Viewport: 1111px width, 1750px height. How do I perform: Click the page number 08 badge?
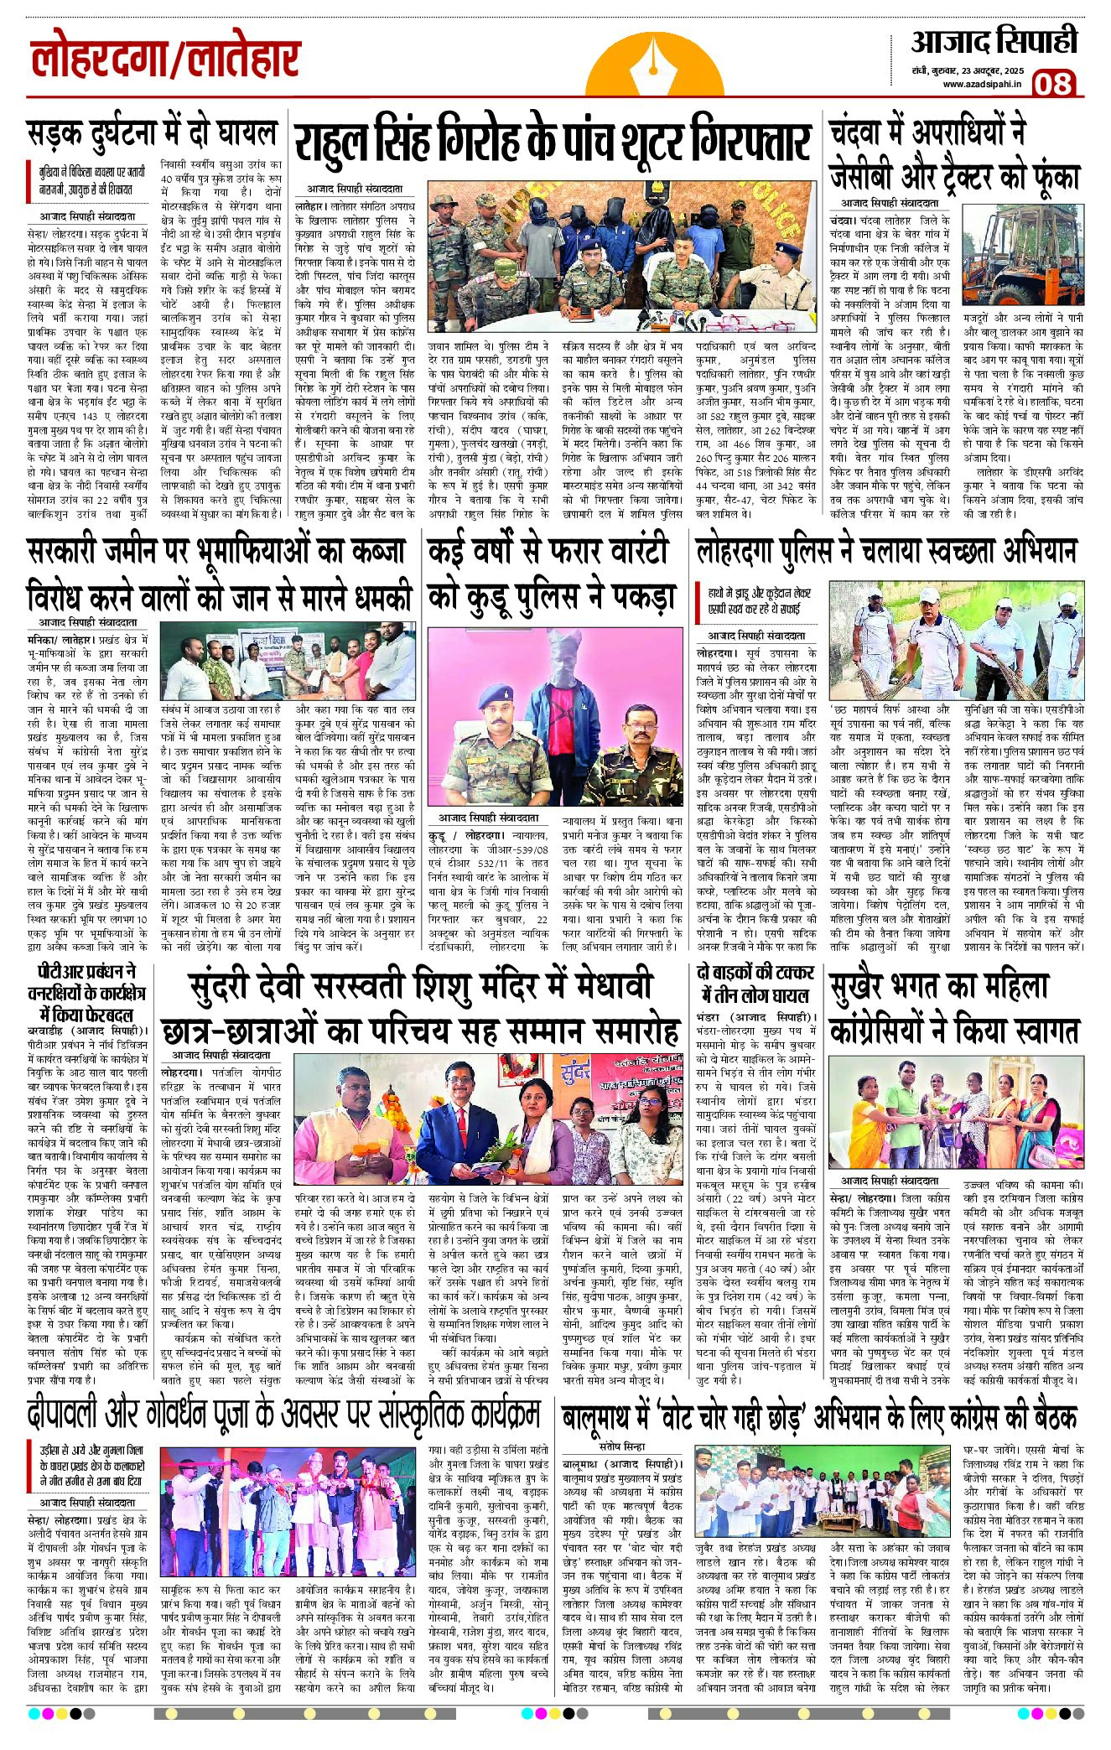tap(1052, 83)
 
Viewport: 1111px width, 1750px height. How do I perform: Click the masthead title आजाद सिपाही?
tap(994, 41)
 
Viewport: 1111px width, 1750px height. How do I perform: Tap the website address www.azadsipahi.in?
tap(982, 84)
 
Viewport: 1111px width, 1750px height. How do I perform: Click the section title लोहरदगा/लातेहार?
tap(165, 61)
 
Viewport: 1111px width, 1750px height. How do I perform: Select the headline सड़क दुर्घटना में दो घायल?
tap(152, 133)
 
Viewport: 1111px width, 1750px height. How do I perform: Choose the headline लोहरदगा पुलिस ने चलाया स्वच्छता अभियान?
tap(886, 553)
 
